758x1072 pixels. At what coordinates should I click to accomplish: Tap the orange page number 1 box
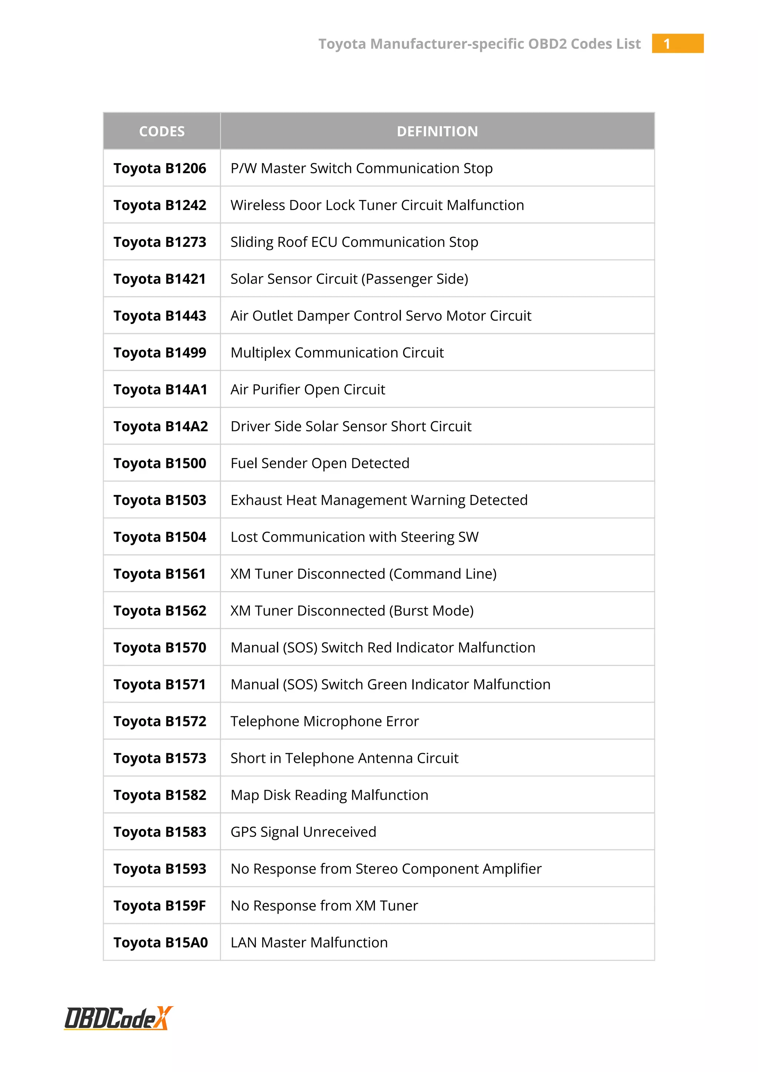pyautogui.click(x=677, y=43)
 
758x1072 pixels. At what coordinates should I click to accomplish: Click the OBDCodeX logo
pyautogui.click(x=118, y=1018)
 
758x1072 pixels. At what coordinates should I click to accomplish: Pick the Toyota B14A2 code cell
pyautogui.click(x=161, y=426)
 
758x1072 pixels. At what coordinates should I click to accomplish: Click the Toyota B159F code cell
pyautogui.click(x=160, y=906)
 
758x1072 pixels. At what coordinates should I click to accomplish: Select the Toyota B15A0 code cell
pyautogui.click(x=161, y=943)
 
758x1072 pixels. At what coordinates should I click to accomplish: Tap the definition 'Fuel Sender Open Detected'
pyautogui.click(x=320, y=463)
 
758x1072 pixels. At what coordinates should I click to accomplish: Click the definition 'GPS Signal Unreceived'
pyautogui.click(x=303, y=832)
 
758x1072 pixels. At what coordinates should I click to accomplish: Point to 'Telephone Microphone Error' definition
pyautogui.click(x=324, y=721)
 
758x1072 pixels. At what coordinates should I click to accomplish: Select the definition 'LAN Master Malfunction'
pyautogui.click(x=309, y=943)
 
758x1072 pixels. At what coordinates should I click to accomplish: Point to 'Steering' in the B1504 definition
pyautogui.click(x=427, y=537)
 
